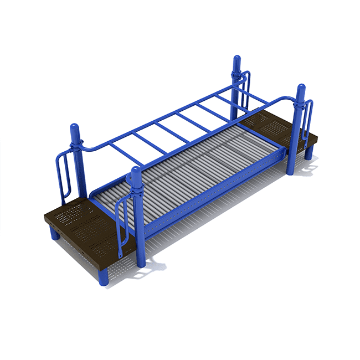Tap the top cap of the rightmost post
click(301, 90)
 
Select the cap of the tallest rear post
click(237, 60)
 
